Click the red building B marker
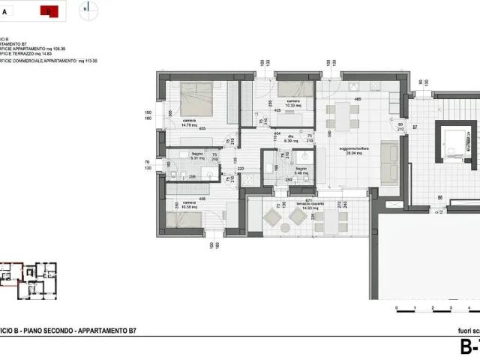coord(49,10)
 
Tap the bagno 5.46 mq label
coord(301,171)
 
